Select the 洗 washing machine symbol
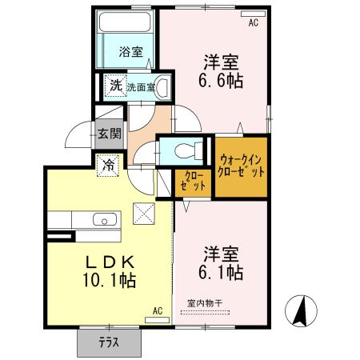pos(116,86)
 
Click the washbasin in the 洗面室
pos(162,86)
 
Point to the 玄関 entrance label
pos(110,134)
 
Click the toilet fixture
pos(185,150)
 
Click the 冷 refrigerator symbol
pos(108,166)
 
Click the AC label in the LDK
pos(157,310)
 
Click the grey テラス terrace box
pos(109,342)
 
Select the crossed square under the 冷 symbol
pos(143,213)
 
